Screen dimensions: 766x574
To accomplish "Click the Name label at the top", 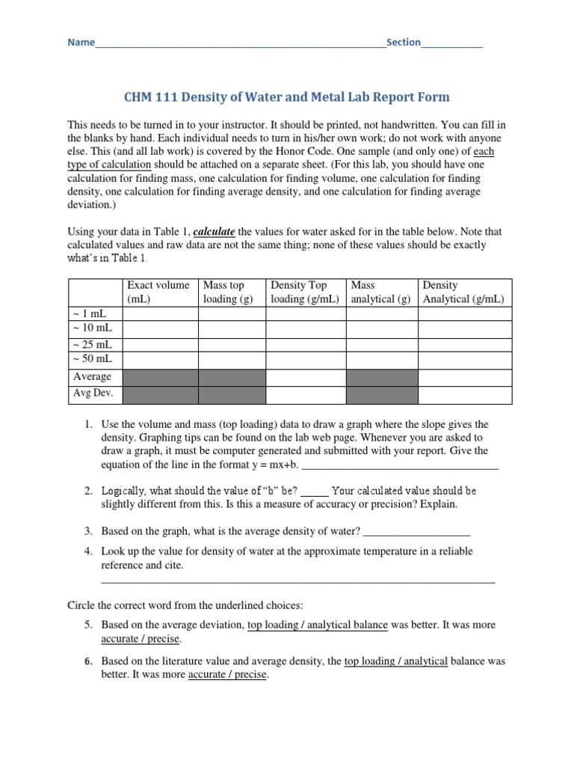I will [81, 43].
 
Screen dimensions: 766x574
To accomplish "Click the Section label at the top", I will [403, 43].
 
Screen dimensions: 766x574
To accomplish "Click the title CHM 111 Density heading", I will [286, 97].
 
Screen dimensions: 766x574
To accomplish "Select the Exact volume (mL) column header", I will [159, 292].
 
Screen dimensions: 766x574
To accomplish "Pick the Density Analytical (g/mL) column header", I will [463, 292].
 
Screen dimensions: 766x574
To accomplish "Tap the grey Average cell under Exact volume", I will [160, 376].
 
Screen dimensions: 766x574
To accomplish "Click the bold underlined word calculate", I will [215, 232].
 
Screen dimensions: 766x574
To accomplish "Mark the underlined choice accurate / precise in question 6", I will [227, 675].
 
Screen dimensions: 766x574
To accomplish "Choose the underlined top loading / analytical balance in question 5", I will [318, 625].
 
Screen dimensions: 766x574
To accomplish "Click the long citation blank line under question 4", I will [297, 580].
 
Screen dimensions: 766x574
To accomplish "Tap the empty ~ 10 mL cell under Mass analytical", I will [381, 329].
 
